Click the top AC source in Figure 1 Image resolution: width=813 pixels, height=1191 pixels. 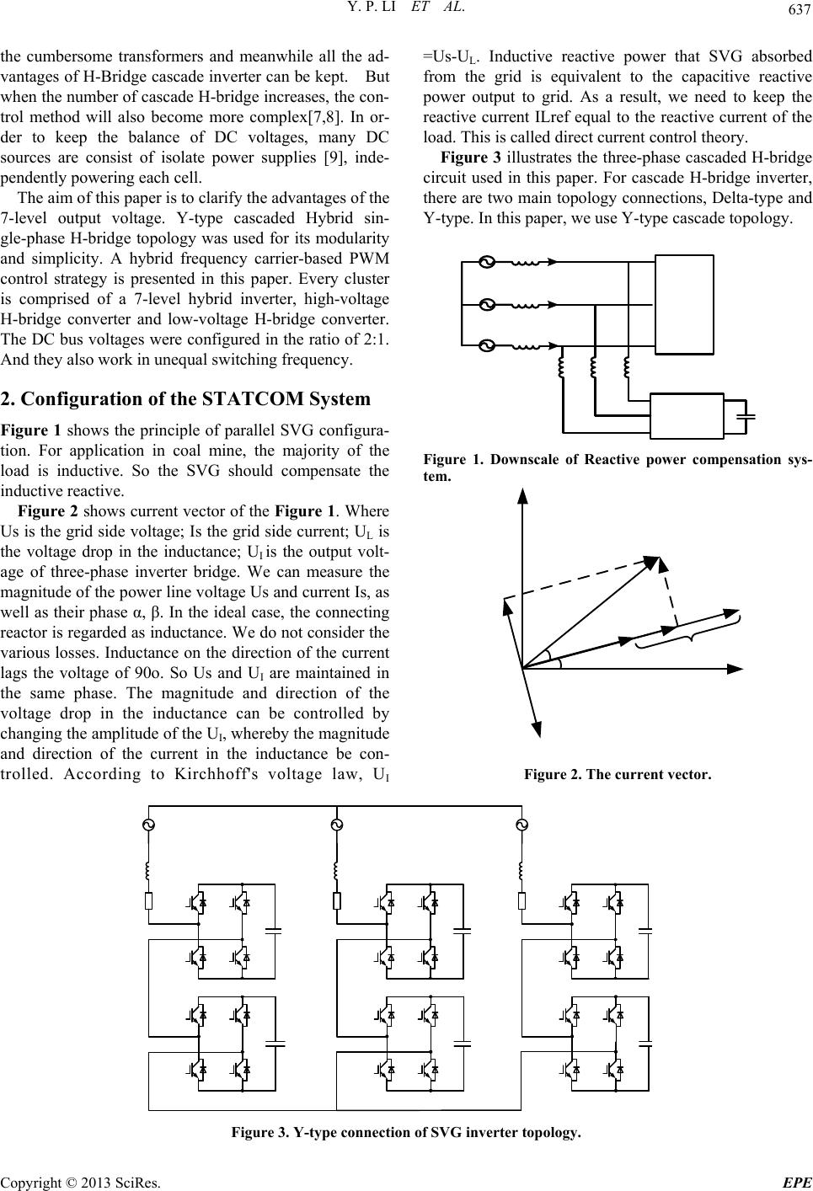pos(485,262)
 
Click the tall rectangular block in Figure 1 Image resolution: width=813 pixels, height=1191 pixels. pos(684,305)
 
